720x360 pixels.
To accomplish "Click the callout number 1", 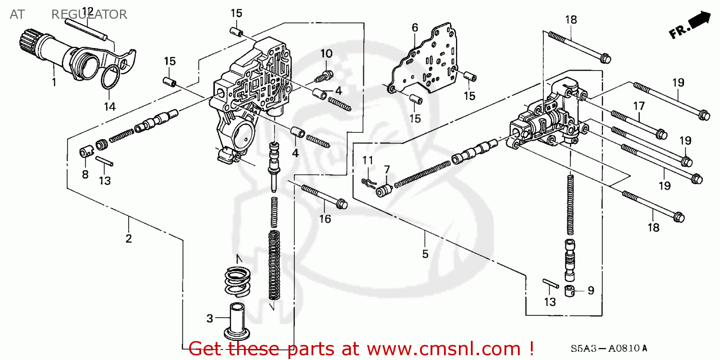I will tap(54, 82).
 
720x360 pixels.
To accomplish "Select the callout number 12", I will tap(88, 11).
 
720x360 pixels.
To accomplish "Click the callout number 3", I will tap(209, 318).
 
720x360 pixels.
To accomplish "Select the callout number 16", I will tap(325, 219).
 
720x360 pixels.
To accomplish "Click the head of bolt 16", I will tap(342, 204).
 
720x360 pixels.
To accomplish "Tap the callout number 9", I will tap(591, 290).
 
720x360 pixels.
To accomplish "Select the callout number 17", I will tap(638, 105).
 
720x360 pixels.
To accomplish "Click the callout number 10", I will tap(326, 53).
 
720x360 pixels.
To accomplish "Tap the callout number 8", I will tap(85, 174).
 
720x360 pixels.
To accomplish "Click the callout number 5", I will tap(425, 254).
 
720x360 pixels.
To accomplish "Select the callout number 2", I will tap(129, 238).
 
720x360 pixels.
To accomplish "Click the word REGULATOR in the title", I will tap(89, 14).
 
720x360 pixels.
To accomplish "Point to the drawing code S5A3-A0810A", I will tap(609, 348).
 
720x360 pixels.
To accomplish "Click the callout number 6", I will tap(415, 28).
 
